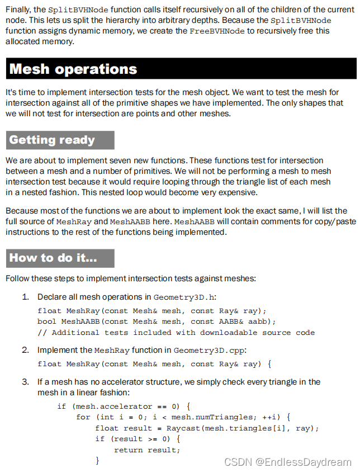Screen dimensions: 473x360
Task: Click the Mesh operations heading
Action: (73, 69)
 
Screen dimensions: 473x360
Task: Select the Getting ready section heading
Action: (52, 140)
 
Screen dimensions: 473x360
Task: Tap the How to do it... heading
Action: (53, 258)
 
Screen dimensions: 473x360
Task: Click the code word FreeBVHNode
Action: (217, 31)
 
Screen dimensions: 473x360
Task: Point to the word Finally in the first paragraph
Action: (19, 10)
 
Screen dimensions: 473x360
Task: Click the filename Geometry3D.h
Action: (185, 297)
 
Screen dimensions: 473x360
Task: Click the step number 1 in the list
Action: (25, 296)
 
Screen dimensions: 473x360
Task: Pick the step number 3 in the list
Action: (25, 382)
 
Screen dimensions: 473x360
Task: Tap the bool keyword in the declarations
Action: (47, 321)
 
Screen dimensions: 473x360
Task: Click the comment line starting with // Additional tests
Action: (176, 333)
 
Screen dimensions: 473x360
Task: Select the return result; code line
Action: (147, 450)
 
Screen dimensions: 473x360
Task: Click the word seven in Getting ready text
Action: (121, 160)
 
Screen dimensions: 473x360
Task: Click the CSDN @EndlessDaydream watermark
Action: (287, 462)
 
